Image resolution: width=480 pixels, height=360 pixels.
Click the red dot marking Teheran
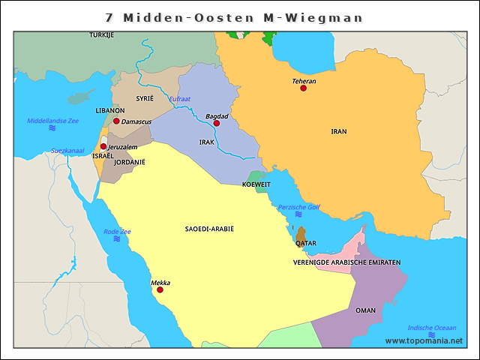(303, 88)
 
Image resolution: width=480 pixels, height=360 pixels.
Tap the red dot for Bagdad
(217, 123)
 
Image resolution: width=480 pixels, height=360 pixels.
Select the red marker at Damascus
(116, 121)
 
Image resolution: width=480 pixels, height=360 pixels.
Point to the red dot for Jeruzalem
(103, 146)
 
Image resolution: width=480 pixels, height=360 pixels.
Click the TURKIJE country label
(101, 35)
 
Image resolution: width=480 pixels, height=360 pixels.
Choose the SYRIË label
(144, 98)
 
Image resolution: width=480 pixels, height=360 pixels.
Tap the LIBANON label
(110, 110)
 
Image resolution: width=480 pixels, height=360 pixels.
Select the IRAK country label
(207, 142)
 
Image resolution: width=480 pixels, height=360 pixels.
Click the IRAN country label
(339, 131)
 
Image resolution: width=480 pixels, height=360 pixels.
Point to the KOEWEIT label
(256, 184)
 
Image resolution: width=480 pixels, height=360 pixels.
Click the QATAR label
(306, 244)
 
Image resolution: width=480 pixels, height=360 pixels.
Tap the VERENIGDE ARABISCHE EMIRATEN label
(346, 262)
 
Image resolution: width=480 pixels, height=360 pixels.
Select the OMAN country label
(366, 310)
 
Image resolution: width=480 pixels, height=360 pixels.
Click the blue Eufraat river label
(179, 99)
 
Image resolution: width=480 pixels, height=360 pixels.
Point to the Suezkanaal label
(67, 151)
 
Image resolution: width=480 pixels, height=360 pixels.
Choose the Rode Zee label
(117, 232)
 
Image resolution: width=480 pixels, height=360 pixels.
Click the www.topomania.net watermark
(424, 340)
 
